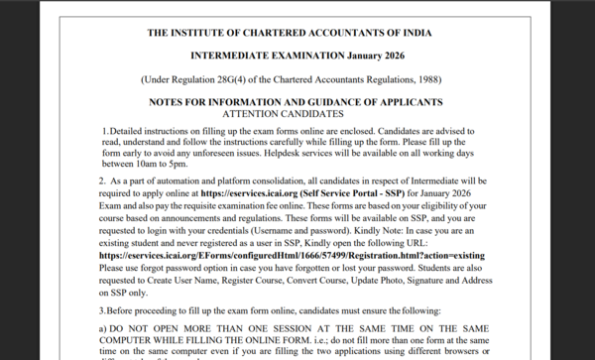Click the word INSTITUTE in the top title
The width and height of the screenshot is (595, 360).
click(203, 32)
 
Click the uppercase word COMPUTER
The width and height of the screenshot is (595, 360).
click(132, 339)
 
